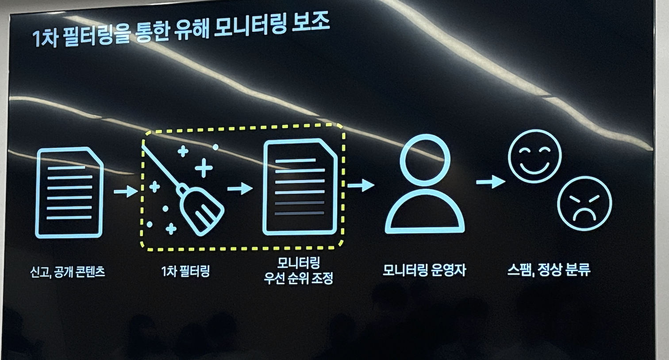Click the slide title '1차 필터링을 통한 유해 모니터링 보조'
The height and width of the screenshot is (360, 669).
[181, 31]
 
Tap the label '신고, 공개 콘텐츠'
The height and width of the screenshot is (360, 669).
[68, 272]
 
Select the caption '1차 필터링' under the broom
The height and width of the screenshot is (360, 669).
[185, 271]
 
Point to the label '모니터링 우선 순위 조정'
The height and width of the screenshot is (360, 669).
[299, 271]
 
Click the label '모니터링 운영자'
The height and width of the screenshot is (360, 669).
[424, 270]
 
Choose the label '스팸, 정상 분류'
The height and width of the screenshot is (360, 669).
[549, 269]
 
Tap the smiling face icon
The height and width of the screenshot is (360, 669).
[534, 156]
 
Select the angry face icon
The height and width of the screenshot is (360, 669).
[584, 203]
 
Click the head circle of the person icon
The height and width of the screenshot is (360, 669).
[425, 160]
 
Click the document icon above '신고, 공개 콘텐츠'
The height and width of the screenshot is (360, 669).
[69, 192]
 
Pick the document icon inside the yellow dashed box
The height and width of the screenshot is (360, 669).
[300, 187]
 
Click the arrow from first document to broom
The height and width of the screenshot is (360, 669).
[126, 191]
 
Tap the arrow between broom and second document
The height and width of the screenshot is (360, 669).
[240, 189]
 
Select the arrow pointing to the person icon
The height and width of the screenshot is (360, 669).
[361, 185]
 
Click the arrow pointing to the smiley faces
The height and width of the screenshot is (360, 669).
[490, 181]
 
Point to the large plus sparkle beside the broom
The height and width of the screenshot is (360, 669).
[204, 168]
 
